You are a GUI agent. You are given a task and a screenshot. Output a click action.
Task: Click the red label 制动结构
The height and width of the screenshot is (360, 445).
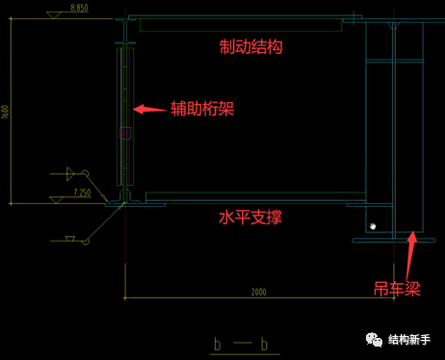point(251,46)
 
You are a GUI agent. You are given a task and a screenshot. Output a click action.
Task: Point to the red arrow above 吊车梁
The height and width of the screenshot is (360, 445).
point(411,250)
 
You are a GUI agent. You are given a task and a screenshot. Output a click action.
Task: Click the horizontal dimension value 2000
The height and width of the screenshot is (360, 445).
point(258,292)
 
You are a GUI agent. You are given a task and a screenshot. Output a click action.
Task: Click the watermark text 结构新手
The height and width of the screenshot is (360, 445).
point(409,340)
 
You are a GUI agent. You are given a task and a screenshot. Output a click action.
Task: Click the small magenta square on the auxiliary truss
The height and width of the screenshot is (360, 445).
point(124,134)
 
